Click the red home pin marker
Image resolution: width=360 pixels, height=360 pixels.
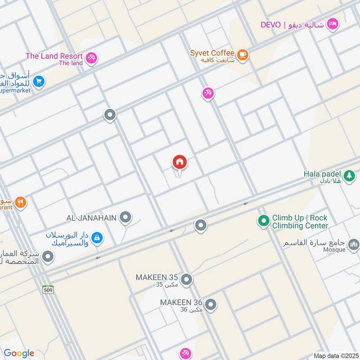pos(180,162)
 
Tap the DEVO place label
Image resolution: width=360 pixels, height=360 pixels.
pos(270,24)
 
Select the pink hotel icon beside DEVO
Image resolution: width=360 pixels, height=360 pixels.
pos(333,23)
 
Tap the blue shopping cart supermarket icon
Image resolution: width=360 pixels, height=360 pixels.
pos(39,81)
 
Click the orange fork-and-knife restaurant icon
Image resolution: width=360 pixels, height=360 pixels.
pos(20,203)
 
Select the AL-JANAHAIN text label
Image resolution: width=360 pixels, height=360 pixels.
pos(92,218)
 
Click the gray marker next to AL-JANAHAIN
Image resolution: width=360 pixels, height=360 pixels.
pos(126,218)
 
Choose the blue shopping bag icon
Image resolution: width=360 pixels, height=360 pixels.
pos(97,238)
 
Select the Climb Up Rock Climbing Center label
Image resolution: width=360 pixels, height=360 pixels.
pos(300,221)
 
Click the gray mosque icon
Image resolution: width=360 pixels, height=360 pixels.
pos(353,245)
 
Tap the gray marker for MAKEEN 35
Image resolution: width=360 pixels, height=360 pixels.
pos(187,280)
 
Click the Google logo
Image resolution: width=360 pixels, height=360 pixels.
pos(19,353)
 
